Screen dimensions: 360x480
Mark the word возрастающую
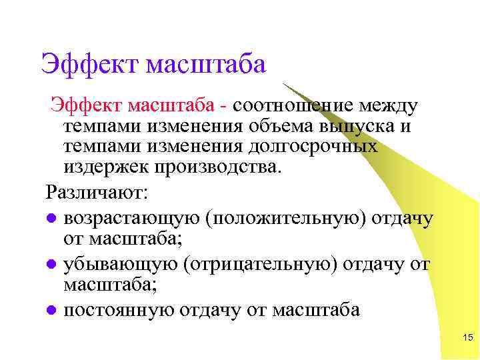click(x=130, y=218)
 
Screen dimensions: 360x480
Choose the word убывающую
click(x=121, y=264)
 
